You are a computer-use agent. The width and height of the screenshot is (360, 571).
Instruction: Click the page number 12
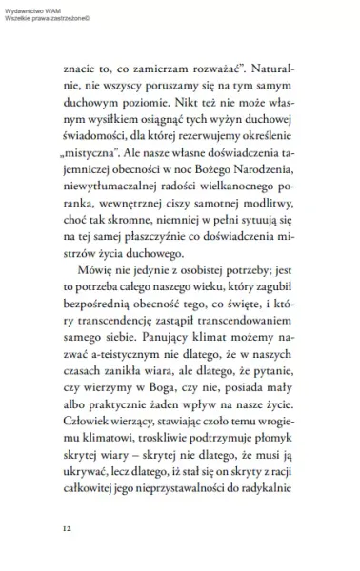pyautogui.click(x=66, y=527)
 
